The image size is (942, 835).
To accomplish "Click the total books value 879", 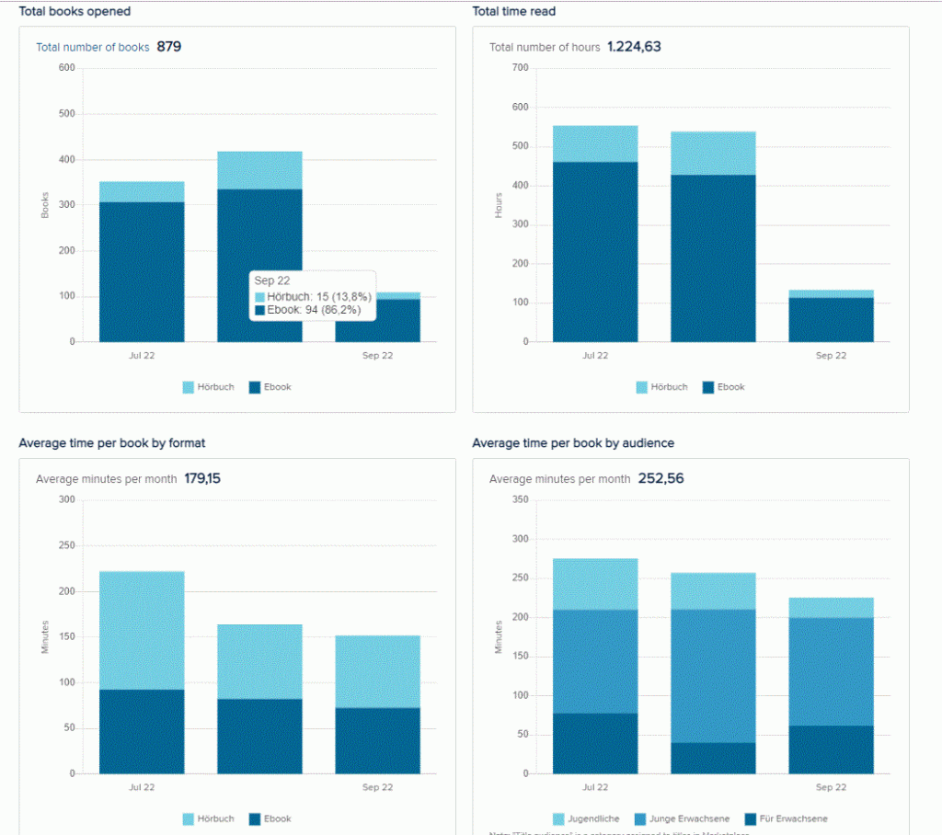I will click(169, 47).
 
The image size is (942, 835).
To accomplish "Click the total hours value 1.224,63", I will click(634, 47).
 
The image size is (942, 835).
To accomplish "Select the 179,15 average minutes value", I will click(202, 479).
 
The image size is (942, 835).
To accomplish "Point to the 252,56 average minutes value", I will click(661, 479).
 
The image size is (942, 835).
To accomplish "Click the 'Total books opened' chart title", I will click(75, 12).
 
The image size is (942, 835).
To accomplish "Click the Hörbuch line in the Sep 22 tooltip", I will click(307, 297).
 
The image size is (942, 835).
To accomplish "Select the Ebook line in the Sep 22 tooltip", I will click(307, 311).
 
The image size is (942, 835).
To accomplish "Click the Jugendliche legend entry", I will click(586, 818).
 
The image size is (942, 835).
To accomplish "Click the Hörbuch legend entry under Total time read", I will click(661, 387).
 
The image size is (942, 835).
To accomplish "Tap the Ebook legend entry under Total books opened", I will click(270, 387).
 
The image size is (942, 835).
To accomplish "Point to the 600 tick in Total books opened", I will click(66, 68).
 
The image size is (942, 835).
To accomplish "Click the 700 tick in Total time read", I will click(521, 68).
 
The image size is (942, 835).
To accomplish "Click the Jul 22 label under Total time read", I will click(595, 356).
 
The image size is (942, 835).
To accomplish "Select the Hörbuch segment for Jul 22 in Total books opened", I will click(142, 191).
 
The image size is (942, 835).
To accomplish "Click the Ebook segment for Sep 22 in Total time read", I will click(831, 319).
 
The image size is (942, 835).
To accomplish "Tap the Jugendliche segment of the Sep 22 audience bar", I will click(831, 607).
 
